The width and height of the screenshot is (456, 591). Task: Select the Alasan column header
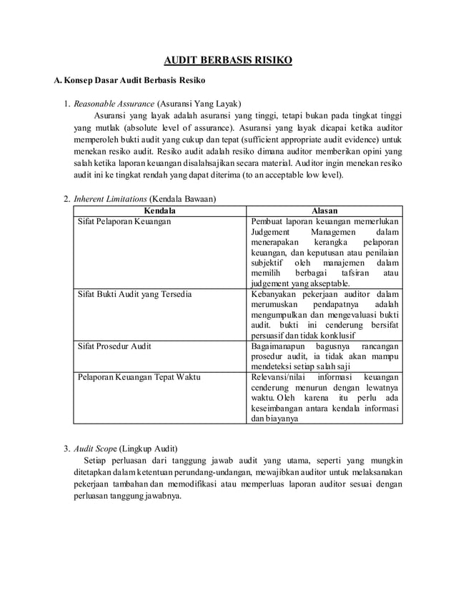(324, 210)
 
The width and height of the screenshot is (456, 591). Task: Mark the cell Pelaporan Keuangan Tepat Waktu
(139, 376)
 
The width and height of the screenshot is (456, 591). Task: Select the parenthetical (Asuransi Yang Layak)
(199, 102)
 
